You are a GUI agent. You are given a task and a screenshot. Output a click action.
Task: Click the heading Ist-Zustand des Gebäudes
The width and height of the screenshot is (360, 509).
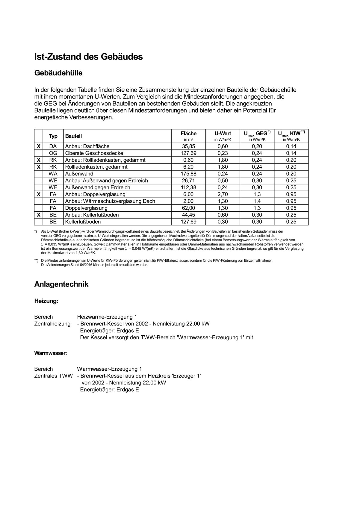(x=88, y=57)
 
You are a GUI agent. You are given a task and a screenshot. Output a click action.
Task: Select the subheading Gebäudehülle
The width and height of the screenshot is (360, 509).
(x=58, y=73)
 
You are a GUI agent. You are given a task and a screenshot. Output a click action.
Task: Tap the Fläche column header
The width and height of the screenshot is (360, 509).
(x=188, y=134)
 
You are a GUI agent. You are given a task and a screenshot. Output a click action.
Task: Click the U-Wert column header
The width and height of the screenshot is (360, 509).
(x=223, y=134)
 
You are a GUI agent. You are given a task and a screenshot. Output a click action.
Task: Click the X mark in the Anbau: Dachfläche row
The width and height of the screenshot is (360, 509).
(x=39, y=146)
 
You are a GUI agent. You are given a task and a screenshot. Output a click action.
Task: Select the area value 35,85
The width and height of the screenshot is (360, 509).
(x=188, y=146)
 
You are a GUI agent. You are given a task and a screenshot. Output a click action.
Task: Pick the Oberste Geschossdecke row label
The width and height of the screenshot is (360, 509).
(x=94, y=153)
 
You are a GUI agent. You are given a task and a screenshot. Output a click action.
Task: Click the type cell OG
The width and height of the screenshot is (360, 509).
(x=53, y=153)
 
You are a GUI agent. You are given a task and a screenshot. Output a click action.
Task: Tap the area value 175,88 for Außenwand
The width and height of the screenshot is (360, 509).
(x=188, y=174)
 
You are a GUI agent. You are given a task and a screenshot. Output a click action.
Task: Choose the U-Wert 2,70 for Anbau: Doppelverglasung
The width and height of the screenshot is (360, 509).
(x=223, y=194)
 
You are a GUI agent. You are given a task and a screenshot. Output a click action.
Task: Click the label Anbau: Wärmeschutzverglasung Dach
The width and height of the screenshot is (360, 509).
(x=110, y=201)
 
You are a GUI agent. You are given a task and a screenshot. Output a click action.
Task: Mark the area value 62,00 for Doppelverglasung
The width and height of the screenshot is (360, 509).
(x=188, y=208)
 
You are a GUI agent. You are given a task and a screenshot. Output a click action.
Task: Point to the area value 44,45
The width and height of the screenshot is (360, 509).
(x=188, y=215)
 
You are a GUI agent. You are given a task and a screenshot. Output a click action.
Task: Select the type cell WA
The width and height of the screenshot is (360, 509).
(x=53, y=174)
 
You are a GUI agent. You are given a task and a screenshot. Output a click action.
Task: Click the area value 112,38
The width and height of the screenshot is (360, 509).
(x=188, y=188)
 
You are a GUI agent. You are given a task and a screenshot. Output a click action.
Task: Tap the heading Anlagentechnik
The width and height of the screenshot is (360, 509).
(x=61, y=284)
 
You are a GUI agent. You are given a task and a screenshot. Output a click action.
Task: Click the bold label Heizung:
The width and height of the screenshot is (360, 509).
(x=46, y=301)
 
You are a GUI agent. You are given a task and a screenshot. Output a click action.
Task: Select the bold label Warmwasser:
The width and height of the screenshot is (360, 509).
(x=51, y=353)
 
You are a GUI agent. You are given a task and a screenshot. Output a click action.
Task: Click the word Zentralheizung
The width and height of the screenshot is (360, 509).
(x=52, y=324)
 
